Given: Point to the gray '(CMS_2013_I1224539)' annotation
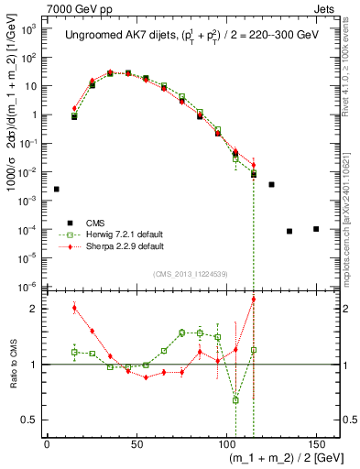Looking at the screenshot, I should (x=189, y=272).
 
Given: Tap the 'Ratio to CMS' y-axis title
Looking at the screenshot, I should (x=11, y=365).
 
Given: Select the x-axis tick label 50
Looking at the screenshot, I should (x=136, y=445).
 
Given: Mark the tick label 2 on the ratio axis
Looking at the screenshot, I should (x=34, y=309).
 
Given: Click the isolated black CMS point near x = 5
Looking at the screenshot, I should (x=56, y=189).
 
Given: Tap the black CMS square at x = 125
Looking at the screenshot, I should (x=272, y=184).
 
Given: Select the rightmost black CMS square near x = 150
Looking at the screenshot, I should (x=316, y=229).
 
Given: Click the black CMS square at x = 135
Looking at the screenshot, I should (x=289, y=231).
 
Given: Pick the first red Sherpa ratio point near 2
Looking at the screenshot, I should (x=74, y=308).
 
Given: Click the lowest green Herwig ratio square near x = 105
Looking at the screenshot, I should (x=235, y=399).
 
